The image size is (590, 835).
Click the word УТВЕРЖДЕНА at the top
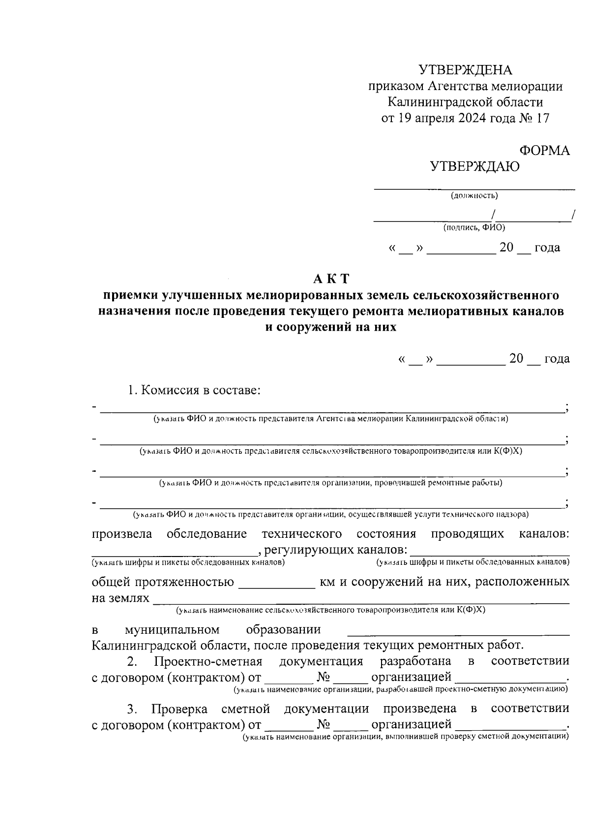[x=465, y=70]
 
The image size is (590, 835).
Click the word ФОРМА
[x=544, y=151]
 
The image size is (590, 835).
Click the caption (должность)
[x=474, y=196]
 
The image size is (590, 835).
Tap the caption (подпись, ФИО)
[x=474, y=227]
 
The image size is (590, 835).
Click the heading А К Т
[x=331, y=279]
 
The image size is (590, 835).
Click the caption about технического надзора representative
[x=330, y=515]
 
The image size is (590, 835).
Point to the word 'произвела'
[x=121, y=534]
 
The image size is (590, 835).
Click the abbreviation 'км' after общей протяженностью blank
[x=327, y=582]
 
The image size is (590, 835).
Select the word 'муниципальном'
[x=172, y=630]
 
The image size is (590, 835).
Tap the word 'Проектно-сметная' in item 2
[x=208, y=661]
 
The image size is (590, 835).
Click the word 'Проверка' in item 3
[x=179, y=709]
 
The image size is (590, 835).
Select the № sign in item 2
[x=323, y=678]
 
